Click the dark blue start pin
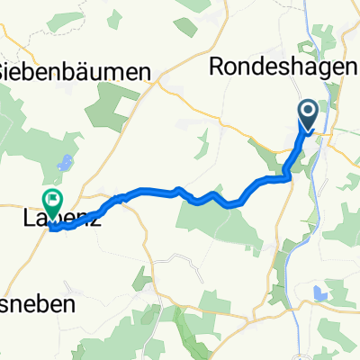tap(308, 114)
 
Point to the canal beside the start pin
tap(319, 135)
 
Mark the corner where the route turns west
tap(289, 177)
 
